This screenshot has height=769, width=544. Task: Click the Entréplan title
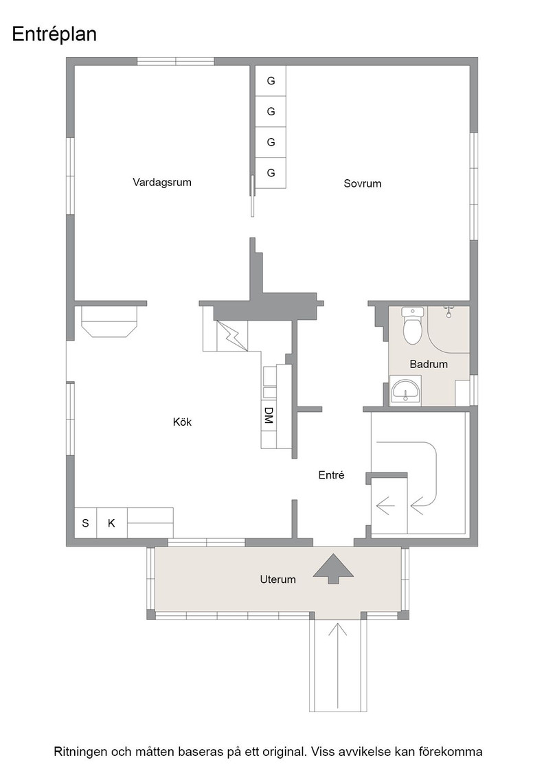[54, 35]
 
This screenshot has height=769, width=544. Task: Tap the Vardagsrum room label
[162, 183]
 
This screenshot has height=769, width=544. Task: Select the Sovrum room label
[362, 184]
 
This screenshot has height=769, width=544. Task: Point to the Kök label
[182, 422]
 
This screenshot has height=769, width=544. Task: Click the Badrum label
[429, 365]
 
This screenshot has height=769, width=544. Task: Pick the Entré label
[331, 474]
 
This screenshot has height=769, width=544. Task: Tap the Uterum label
[277, 579]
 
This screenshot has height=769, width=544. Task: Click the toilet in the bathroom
[412, 325]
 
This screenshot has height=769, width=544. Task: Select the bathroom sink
[405, 391]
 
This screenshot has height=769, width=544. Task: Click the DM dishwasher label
[269, 415]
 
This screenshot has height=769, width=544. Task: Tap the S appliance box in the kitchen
[85, 523]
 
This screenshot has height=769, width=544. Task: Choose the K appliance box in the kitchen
[111, 523]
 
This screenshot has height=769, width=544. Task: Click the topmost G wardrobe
[271, 81]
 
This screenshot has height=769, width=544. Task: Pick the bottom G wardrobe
[271, 173]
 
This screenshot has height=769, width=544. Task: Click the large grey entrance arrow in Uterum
[333, 569]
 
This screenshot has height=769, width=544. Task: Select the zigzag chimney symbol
[231, 336]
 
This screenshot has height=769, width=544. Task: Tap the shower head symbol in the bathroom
[449, 312]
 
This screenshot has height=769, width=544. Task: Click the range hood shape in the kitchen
[110, 322]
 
